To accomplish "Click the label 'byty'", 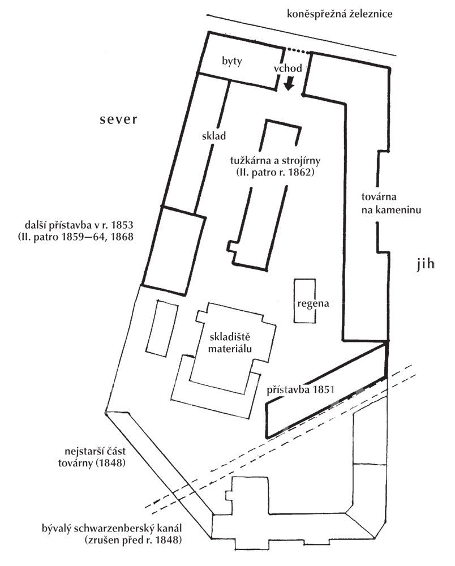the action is pyautogui.click(x=232, y=62).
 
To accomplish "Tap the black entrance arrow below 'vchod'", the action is pyautogui.click(x=289, y=85).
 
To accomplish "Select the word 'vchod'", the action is pyautogui.click(x=287, y=68).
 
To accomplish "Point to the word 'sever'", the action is pyautogui.click(x=119, y=119).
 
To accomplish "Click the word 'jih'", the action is pyautogui.click(x=426, y=264).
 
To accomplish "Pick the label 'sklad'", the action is pyautogui.click(x=214, y=136).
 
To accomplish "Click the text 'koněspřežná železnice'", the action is pyautogui.click(x=340, y=14).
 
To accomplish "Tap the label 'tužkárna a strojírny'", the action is pyautogui.click(x=275, y=160).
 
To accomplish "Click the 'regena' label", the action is pyautogui.click(x=313, y=303).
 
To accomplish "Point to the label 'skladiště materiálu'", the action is pyautogui.click(x=230, y=343).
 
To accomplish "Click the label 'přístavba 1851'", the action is pyautogui.click(x=300, y=390).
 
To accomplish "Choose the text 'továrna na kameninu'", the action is pyautogui.click(x=391, y=203).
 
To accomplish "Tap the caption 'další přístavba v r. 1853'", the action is pyautogui.click(x=79, y=225).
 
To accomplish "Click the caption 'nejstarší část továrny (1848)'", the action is pyautogui.click(x=92, y=457).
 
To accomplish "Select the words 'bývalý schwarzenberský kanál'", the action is pyautogui.click(x=112, y=529).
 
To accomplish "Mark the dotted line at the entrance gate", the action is pyautogui.click(x=298, y=50).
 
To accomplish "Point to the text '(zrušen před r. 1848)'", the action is pyautogui.click(x=132, y=541).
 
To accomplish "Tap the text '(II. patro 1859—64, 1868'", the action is pyautogui.click(x=75, y=237).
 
